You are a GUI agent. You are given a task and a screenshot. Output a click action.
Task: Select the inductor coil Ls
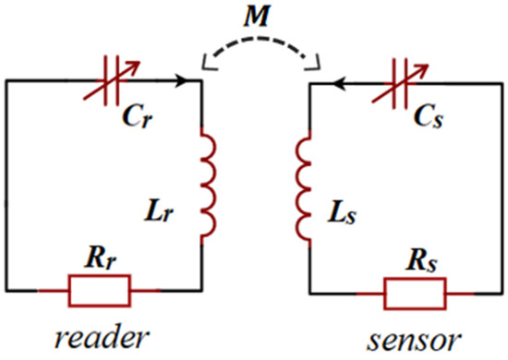(x=303, y=186)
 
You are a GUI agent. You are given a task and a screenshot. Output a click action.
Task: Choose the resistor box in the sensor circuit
(x=416, y=293)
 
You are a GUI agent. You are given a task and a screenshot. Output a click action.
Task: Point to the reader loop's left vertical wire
(x=7, y=185)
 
